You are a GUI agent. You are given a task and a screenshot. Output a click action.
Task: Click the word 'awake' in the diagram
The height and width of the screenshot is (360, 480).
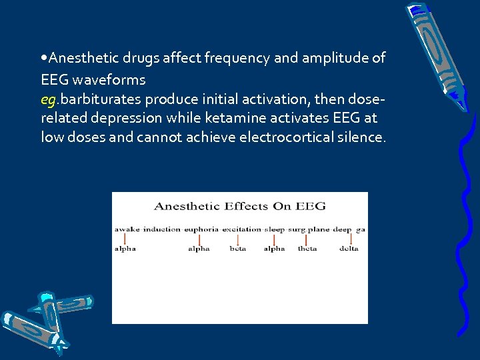[x=127, y=229]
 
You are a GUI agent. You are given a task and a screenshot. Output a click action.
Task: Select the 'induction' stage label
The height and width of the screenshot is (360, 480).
[x=162, y=229]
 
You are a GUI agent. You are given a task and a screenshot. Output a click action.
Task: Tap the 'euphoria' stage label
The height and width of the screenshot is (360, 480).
[x=201, y=229]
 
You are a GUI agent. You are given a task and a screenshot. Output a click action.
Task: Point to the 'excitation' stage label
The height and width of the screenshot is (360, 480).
[x=241, y=229]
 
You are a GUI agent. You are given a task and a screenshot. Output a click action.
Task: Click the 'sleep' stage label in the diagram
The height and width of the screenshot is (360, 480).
[x=275, y=229]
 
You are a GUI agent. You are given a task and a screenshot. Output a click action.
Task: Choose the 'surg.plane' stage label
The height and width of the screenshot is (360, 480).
[x=309, y=229]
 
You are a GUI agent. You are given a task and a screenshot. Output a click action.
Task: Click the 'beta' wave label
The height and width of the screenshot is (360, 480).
[x=238, y=249]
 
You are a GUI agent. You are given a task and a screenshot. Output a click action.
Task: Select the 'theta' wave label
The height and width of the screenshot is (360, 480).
[x=307, y=249]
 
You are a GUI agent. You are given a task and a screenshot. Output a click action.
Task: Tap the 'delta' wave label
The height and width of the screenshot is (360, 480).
[x=349, y=249]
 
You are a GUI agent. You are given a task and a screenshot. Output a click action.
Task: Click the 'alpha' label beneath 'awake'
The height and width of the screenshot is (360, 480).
[x=125, y=249]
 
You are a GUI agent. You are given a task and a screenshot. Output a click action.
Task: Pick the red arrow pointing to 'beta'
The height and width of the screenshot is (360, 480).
[x=238, y=239]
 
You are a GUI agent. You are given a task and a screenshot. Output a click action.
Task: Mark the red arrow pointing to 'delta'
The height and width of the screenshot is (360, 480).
[x=348, y=239]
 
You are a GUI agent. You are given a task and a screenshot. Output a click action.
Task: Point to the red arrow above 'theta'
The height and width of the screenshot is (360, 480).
[x=307, y=239]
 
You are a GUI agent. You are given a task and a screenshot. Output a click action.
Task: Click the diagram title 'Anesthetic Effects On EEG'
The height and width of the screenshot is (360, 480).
[x=239, y=207]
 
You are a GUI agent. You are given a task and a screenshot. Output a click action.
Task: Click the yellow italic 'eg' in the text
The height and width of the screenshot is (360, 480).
[x=48, y=99]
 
